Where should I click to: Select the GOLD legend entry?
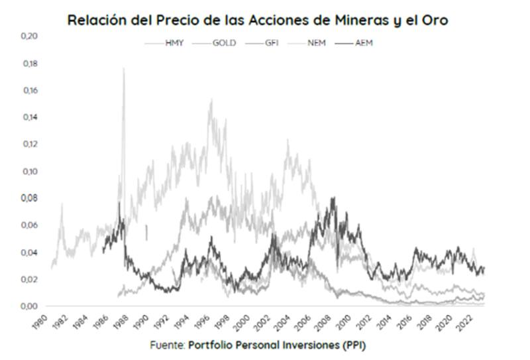point(221,43)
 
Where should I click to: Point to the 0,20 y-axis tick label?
point(29,36)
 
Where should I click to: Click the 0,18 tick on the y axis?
point(29,64)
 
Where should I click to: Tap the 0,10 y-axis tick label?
point(29,171)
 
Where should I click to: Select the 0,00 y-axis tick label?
point(29,306)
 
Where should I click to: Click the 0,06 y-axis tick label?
point(29,225)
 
